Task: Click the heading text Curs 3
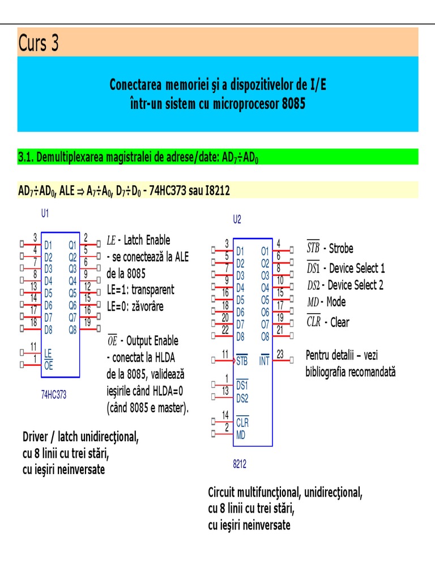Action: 39,43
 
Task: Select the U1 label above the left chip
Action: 45,214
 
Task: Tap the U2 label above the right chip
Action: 237,219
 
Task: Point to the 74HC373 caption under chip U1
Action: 54,395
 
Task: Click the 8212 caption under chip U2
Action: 240,464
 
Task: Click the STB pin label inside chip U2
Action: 242,360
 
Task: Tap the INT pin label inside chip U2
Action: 264,360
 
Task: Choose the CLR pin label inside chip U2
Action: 242,423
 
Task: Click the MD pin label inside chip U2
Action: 241,434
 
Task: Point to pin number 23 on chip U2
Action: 280,353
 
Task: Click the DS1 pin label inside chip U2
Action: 242,385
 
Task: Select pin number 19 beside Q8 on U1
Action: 87,322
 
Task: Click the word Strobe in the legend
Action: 341,248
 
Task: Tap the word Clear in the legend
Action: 340,322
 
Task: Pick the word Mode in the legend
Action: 336,302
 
